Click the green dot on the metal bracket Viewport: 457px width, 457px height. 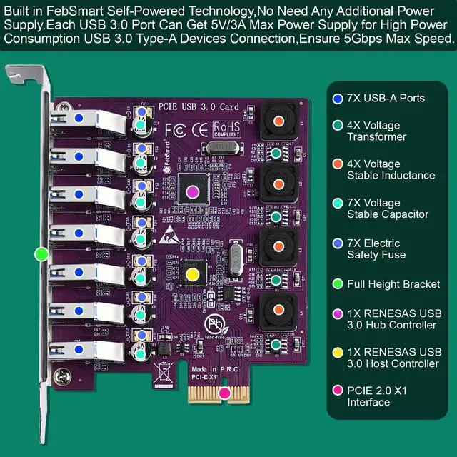(x=41, y=253)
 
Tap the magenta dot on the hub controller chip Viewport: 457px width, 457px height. (x=191, y=191)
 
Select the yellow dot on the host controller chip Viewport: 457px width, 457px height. (x=191, y=273)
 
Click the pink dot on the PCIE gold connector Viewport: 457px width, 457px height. (x=224, y=392)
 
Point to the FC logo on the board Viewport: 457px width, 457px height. (x=176, y=131)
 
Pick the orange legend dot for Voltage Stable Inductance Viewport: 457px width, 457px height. (x=337, y=169)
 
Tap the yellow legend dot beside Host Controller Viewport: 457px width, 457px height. (x=337, y=353)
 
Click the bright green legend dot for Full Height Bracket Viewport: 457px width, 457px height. (x=337, y=284)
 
